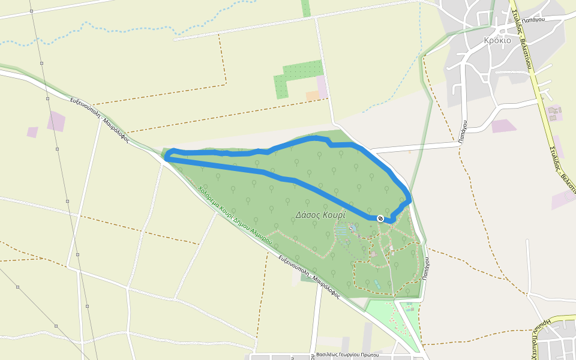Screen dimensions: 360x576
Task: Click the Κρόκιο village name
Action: tap(497, 41)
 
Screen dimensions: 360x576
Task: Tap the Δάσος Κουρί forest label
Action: tap(320, 214)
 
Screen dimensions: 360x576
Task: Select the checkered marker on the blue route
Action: tap(380, 218)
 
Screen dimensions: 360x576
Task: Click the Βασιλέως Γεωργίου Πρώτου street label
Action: tap(347, 355)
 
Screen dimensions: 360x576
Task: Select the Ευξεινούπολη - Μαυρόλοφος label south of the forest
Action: tap(310, 277)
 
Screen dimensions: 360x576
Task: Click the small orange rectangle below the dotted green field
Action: tap(312, 95)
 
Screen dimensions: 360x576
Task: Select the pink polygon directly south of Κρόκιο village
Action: tap(503, 126)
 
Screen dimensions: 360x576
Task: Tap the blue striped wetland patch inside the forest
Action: tap(341, 230)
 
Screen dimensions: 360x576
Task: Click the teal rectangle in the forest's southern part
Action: tap(376, 282)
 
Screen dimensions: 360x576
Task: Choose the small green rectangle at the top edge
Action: tap(306, 8)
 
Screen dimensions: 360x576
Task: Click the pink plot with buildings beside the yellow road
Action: tap(554, 113)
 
